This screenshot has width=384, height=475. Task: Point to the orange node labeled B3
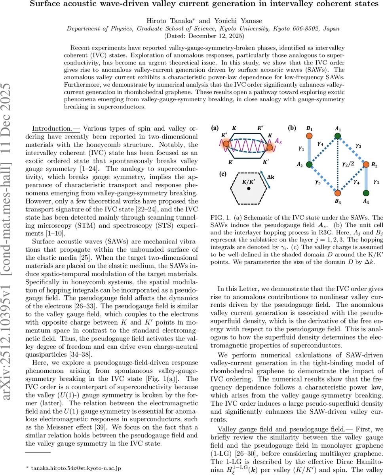pos(337,194)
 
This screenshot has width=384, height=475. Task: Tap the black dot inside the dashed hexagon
pos(248,189)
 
